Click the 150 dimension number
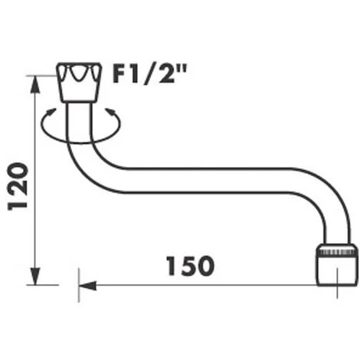click(188, 266)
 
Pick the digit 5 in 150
click(188, 266)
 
